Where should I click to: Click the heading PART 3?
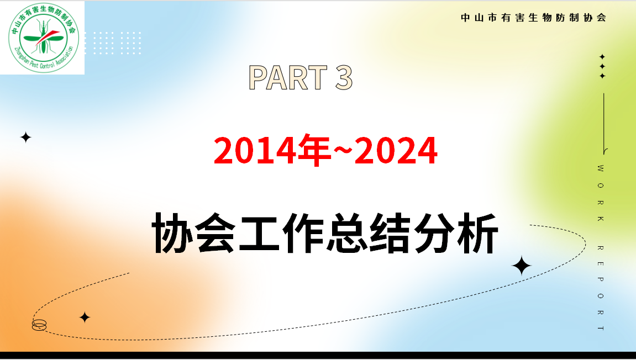point(301,77)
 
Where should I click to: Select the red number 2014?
point(255,151)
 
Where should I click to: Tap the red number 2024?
point(396,151)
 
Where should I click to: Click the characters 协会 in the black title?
point(194,233)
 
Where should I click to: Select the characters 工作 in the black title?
point(281,233)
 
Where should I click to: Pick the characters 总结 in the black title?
point(369,233)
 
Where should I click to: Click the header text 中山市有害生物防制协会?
point(533,18)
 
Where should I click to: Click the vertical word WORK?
point(601,193)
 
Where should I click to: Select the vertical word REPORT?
point(601,288)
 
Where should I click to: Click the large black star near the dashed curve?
point(521,266)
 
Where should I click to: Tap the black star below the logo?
point(25,137)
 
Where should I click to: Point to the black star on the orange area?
point(85,317)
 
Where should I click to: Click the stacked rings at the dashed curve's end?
point(39,325)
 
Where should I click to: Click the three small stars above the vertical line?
point(602,66)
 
